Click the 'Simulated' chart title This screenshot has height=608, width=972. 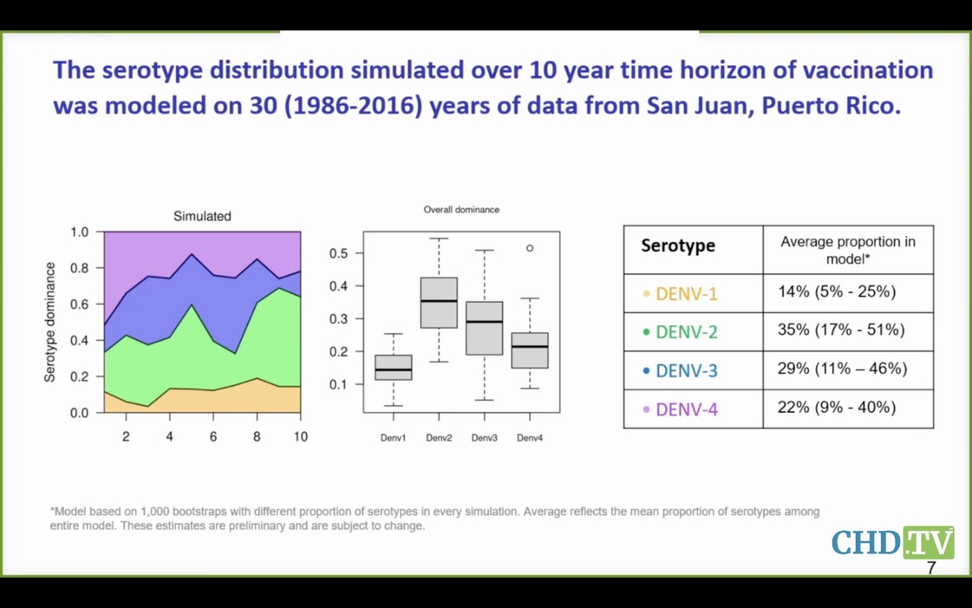point(202,216)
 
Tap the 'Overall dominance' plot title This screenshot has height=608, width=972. point(461,210)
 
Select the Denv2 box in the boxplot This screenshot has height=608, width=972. point(439,303)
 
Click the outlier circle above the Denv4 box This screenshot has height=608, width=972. point(530,248)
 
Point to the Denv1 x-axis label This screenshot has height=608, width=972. point(393,438)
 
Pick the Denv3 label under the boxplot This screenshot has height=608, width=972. point(484,438)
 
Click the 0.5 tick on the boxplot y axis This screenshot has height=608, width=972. point(339,253)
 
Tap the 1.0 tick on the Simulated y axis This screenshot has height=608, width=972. point(79,232)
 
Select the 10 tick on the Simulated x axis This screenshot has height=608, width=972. point(300,436)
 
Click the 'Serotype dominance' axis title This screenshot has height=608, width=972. point(50,322)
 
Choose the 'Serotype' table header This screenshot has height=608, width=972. point(678,245)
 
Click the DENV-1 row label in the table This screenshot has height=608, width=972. point(686,294)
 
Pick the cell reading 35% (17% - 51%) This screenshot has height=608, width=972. point(841,330)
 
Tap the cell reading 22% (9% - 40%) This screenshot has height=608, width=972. point(837,408)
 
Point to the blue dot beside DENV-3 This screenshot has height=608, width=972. point(646,370)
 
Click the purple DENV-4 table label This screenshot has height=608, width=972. point(686,409)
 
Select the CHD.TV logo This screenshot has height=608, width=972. point(892,542)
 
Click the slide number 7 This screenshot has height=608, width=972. point(931,568)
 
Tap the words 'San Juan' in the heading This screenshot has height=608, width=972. point(690,106)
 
